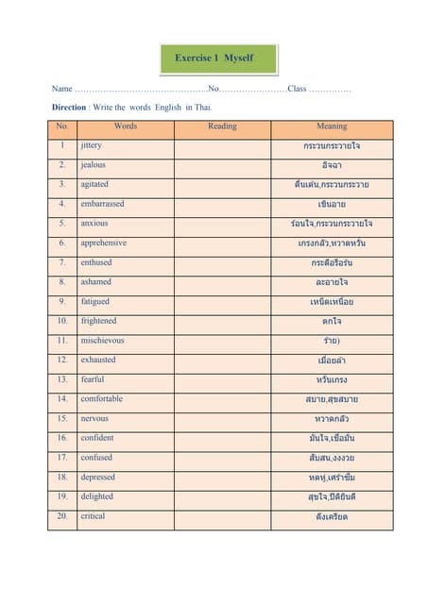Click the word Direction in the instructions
(x=69, y=108)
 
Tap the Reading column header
(x=222, y=126)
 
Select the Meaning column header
(x=332, y=126)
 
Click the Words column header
(x=125, y=126)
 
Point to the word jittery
(x=92, y=145)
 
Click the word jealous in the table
(x=94, y=165)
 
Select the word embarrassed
(x=102, y=204)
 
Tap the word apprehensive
(x=104, y=243)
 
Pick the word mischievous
(x=102, y=341)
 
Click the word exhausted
(x=98, y=360)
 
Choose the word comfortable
(x=101, y=399)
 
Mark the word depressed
(x=97, y=478)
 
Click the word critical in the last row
(x=93, y=516)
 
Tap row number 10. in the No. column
(x=62, y=321)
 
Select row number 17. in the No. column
(x=62, y=458)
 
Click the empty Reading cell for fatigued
(x=222, y=302)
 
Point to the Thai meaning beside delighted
(x=332, y=497)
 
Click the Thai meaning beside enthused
(x=332, y=262)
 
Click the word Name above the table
(x=61, y=89)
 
